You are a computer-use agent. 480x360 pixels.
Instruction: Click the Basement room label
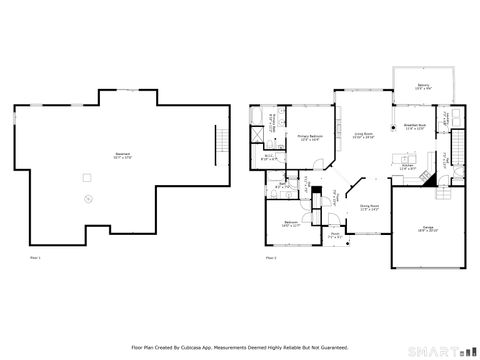tap(122, 153)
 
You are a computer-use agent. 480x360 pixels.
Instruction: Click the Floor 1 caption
tap(34, 257)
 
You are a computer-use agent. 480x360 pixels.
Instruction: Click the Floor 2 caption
tap(270, 257)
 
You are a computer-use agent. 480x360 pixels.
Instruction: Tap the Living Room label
tap(362, 133)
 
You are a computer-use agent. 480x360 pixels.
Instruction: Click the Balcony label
tap(423, 86)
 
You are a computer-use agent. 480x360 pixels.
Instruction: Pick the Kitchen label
tap(408, 166)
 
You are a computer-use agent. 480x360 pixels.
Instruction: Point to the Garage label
tap(427, 229)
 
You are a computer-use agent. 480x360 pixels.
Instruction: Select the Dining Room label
tap(369, 207)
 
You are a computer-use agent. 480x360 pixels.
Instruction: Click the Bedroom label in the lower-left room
tap(289, 223)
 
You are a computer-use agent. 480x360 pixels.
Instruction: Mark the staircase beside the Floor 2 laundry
tap(459, 151)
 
